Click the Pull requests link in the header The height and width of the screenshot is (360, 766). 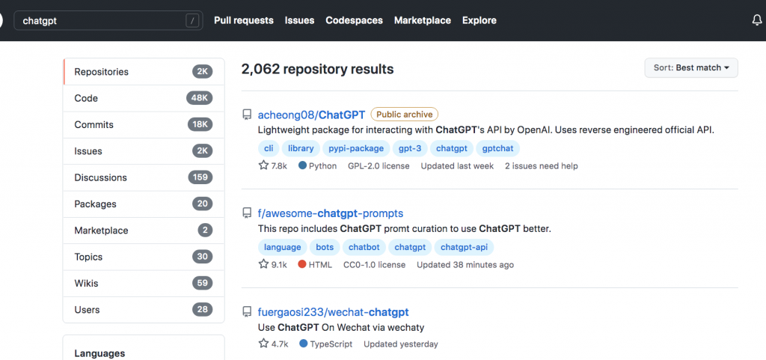[x=244, y=20]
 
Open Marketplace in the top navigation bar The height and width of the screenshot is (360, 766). [x=423, y=20]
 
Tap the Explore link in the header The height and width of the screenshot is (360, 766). [x=479, y=20]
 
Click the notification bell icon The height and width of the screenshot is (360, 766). [x=756, y=20]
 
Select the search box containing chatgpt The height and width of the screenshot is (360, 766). [x=108, y=21]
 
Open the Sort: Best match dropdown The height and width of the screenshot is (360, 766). [x=691, y=68]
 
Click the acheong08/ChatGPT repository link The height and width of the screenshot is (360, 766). [x=311, y=115]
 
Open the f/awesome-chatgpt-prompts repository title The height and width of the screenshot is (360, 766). [x=330, y=213]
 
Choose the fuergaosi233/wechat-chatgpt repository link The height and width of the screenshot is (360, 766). [x=333, y=312]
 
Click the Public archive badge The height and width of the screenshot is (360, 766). [x=405, y=115]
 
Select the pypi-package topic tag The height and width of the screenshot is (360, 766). [x=356, y=148]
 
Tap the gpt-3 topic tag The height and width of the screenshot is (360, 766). [x=410, y=148]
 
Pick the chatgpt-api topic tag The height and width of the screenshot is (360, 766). [x=464, y=247]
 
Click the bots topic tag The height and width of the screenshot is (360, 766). [x=325, y=247]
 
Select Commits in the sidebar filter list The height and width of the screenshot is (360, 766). [x=94, y=124]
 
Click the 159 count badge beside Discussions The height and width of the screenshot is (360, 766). [x=200, y=177]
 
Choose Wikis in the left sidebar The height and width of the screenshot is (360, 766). [x=87, y=284]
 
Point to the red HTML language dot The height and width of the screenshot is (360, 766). [x=302, y=265]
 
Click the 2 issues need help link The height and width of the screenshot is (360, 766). [x=542, y=166]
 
